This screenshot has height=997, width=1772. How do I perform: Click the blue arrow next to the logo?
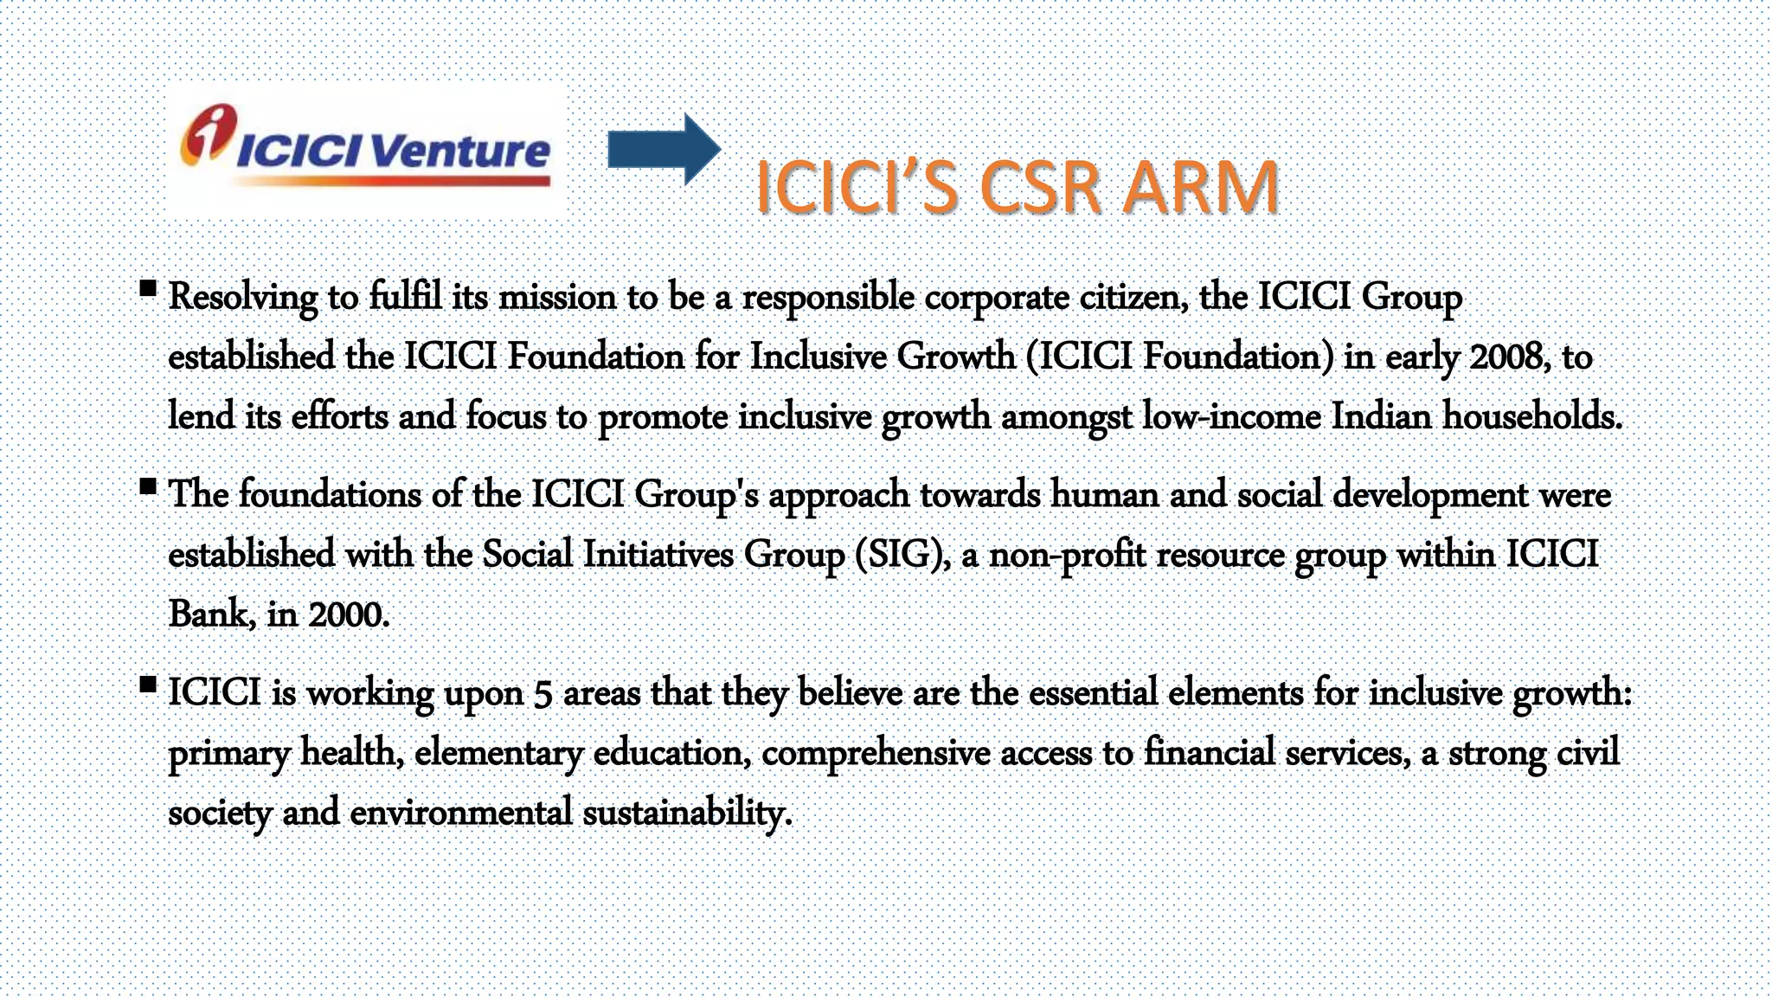(x=663, y=149)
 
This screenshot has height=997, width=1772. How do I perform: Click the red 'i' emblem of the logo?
(x=208, y=134)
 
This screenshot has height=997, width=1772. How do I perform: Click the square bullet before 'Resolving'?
(x=148, y=288)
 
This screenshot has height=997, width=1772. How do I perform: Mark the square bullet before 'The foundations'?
(x=148, y=486)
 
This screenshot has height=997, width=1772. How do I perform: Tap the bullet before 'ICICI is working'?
(x=148, y=685)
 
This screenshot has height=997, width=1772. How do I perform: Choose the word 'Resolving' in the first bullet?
(x=242, y=297)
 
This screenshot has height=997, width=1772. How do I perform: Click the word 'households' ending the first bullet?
(x=1531, y=416)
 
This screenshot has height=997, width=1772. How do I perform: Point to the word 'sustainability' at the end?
(x=686, y=813)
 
